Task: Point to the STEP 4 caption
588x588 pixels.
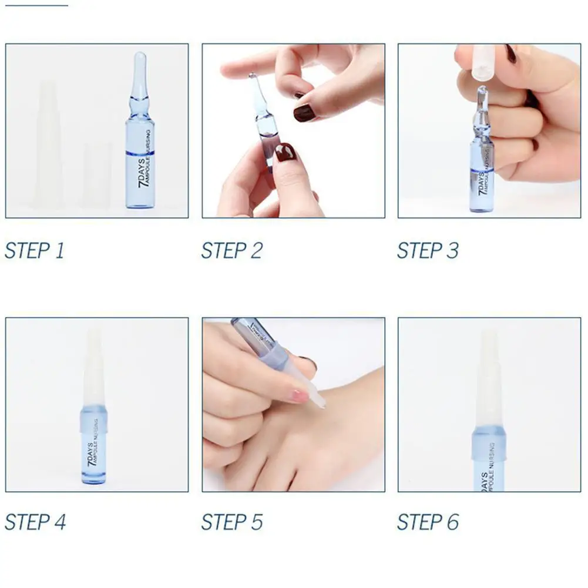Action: click(35, 522)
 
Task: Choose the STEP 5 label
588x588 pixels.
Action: click(231, 522)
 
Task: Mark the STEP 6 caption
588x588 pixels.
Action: click(427, 522)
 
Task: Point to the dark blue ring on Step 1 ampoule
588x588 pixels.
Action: click(140, 153)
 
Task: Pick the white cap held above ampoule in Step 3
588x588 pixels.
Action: click(483, 61)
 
